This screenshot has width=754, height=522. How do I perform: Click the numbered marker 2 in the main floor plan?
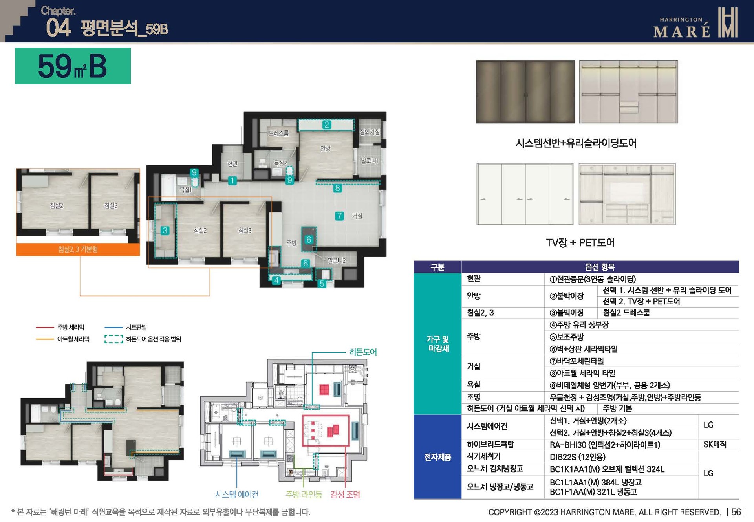click(x=326, y=125)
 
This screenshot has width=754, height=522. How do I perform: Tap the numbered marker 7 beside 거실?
click(x=339, y=216)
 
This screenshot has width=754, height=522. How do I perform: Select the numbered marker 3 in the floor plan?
click(x=165, y=231)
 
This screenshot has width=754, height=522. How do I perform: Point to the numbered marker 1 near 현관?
click(x=232, y=181)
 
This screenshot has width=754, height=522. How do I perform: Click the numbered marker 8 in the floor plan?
click(x=337, y=189)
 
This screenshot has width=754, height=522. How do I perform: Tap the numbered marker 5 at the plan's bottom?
click(x=322, y=284)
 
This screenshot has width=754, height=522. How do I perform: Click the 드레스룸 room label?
click(x=278, y=133)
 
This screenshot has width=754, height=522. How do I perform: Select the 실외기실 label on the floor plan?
click(x=370, y=132)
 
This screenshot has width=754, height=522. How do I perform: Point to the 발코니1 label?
click(x=369, y=161)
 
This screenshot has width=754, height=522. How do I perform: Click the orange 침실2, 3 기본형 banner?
click(x=78, y=249)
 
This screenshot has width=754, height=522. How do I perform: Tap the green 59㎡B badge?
click(x=73, y=66)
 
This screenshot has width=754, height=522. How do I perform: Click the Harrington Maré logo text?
click(x=681, y=27)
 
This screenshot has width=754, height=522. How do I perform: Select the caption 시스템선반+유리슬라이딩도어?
click(x=576, y=143)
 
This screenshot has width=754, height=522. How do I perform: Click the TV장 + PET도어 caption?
click(x=580, y=243)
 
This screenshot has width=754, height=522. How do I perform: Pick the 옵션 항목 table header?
click(x=600, y=267)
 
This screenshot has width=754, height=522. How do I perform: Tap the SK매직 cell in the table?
click(x=715, y=445)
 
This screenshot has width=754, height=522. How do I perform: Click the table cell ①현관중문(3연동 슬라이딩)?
click(x=593, y=279)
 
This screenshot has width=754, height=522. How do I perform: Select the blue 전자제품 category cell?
click(x=437, y=457)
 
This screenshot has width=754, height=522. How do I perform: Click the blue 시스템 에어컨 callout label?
click(x=237, y=495)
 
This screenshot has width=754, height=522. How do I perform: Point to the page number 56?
click(x=736, y=512)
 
